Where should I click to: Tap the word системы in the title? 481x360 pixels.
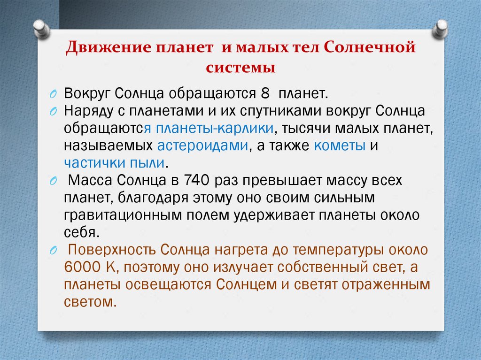[240, 67]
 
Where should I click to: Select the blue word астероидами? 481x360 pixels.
[202, 146]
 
